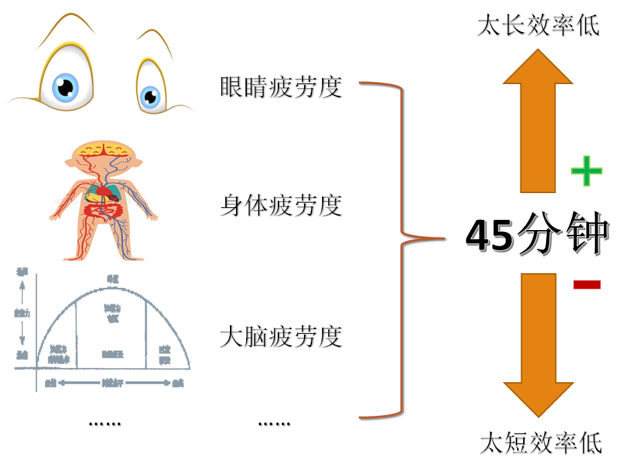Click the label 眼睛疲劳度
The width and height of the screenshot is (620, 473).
281,87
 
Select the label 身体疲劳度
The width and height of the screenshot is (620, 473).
281,205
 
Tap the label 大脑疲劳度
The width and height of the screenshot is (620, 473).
281,336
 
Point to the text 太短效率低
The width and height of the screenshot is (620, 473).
541,443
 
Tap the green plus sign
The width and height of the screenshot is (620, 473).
586,172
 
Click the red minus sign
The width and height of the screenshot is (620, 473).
586,285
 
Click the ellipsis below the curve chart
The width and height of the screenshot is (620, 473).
104,423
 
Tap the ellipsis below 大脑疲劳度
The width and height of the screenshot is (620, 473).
274,423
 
